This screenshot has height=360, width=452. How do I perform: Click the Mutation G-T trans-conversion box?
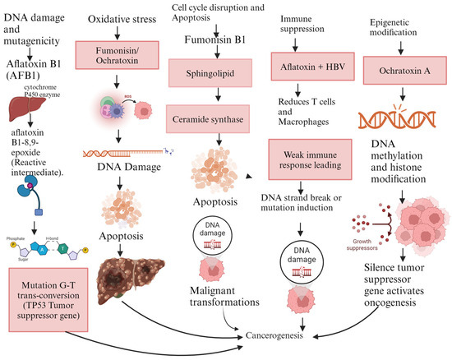[x=52, y=293]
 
